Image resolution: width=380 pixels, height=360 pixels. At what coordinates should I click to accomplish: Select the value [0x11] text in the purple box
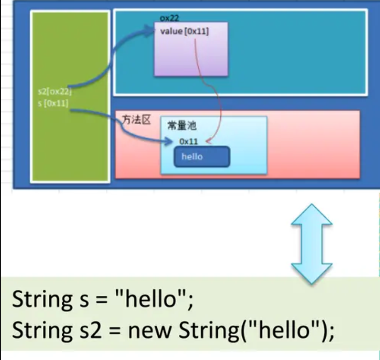tap(184, 32)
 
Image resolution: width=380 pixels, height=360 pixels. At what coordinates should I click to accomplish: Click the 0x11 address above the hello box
tap(189, 141)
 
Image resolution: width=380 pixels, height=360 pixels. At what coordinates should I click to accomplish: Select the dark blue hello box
tap(202, 157)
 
